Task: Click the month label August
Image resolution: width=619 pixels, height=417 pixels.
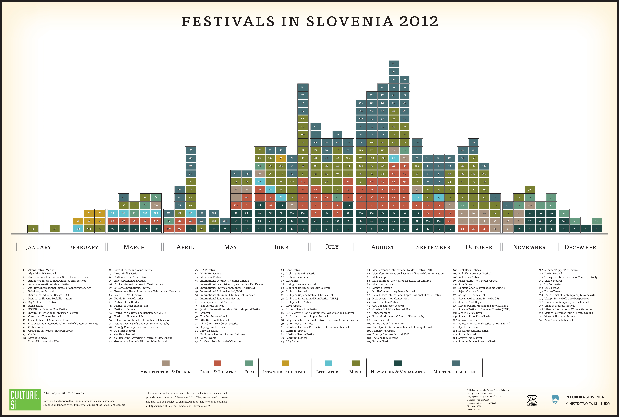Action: click(383, 247)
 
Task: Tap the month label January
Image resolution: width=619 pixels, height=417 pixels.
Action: click(38, 247)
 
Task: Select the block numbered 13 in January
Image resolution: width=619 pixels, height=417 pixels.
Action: click(33, 229)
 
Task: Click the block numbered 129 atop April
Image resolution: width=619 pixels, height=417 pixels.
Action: click(190, 150)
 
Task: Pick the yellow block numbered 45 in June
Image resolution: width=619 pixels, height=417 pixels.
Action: click(281, 158)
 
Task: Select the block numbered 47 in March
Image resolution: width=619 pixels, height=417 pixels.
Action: click(123, 197)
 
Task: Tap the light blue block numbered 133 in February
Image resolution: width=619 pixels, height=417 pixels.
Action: click(78, 229)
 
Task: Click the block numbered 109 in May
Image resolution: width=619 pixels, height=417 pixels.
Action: click(247, 174)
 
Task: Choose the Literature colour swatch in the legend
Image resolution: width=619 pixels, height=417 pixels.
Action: click(328, 363)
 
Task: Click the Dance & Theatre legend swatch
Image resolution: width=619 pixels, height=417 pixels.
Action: click(217, 363)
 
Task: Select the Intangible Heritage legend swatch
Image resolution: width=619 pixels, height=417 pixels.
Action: click(285, 363)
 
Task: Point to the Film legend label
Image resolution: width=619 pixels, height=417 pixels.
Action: click(249, 372)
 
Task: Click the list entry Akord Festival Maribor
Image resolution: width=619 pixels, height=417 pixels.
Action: click(42, 270)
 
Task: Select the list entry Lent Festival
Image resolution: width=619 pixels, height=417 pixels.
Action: click(294, 270)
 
